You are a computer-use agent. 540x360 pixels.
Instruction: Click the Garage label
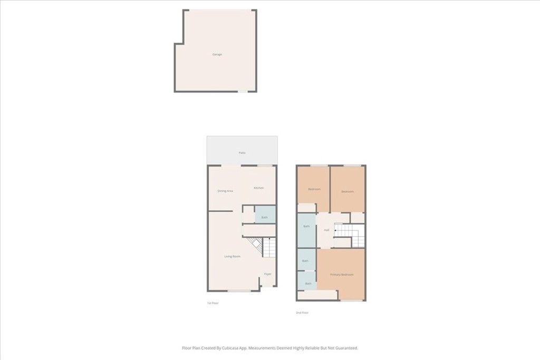(x=217, y=54)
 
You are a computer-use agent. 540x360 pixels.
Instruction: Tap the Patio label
(x=242, y=153)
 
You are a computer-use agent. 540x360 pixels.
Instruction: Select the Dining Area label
(x=225, y=191)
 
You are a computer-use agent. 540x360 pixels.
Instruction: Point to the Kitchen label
(x=258, y=188)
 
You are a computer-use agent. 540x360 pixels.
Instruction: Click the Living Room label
(x=232, y=257)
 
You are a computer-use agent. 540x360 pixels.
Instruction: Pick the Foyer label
(x=268, y=274)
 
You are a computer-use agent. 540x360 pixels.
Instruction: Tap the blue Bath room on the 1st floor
(x=265, y=217)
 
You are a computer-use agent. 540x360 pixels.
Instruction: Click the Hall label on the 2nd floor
(x=326, y=230)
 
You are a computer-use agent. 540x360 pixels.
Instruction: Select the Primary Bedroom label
(x=341, y=275)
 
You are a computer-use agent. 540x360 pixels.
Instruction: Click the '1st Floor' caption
(x=212, y=303)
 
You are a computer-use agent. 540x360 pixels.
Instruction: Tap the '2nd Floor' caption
(x=302, y=313)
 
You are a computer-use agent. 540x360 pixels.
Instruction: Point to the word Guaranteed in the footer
(x=345, y=348)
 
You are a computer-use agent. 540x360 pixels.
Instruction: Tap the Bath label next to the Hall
(x=306, y=227)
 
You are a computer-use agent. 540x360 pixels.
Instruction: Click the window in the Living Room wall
(x=239, y=290)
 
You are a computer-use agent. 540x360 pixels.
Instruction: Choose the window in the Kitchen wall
(x=265, y=166)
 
